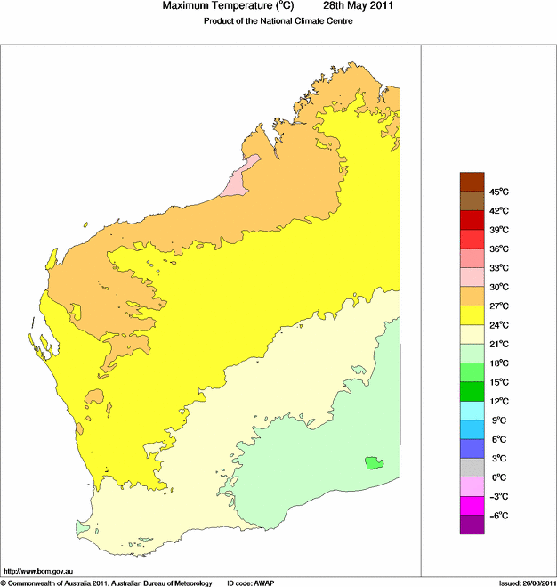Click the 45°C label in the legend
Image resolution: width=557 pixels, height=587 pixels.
[x=498, y=192]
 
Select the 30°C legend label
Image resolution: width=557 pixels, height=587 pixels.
[x=498, y=287]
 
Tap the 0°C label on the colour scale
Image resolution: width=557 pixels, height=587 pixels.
[x=500, y=477]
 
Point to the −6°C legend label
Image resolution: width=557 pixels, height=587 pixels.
[x=498, y=516]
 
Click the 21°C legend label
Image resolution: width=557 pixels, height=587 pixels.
[x=498, y=344]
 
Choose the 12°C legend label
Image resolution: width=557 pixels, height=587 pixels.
[x=498, y=401]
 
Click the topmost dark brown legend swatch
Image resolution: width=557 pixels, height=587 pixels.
[x=472, y=182]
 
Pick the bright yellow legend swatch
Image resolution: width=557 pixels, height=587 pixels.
[x=472, y=315]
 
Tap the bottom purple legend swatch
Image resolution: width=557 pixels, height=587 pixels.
[x=472, y=525]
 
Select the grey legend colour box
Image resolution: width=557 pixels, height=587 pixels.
[x=472, y=468]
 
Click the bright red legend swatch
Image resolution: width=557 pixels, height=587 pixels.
[x=472, y=239]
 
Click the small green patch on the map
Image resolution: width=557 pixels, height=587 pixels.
[x=373, y=462]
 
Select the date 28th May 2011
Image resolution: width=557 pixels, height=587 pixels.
[x=351, y=7]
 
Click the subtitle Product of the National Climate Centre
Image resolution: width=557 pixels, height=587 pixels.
[x=278, y=21]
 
